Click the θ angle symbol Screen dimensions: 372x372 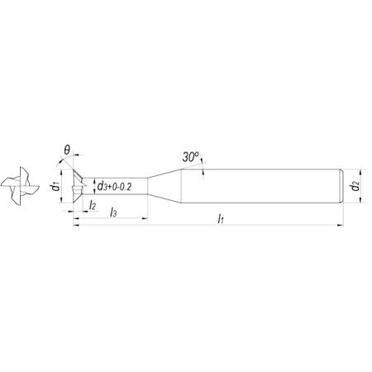coord(67,150)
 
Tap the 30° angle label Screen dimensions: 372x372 coord(190,157)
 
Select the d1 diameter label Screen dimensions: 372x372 coord(55,187)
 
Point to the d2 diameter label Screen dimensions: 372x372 coord(355,186)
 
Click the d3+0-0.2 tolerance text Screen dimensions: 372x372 coord(114,187)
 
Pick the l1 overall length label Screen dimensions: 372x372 coord(221,219)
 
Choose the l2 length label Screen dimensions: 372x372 coord(93,205)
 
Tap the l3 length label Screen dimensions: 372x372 coord(113,212)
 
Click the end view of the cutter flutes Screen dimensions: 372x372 coord(20,186)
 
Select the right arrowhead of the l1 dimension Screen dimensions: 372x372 coord(341,226)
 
